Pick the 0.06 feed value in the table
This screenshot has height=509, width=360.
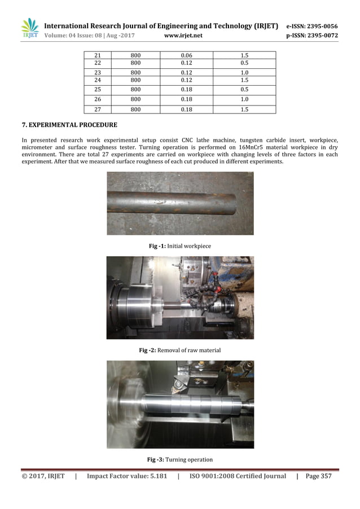(186, 56)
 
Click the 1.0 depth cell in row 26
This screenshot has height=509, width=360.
(244, 99)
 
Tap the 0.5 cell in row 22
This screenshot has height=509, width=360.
(244, 63)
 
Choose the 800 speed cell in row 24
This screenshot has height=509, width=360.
(135, 80)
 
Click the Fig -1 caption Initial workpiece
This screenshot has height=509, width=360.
(179, 246)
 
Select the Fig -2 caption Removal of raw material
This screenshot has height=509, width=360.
(179, 350)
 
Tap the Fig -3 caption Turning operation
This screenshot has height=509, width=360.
(179, 459)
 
